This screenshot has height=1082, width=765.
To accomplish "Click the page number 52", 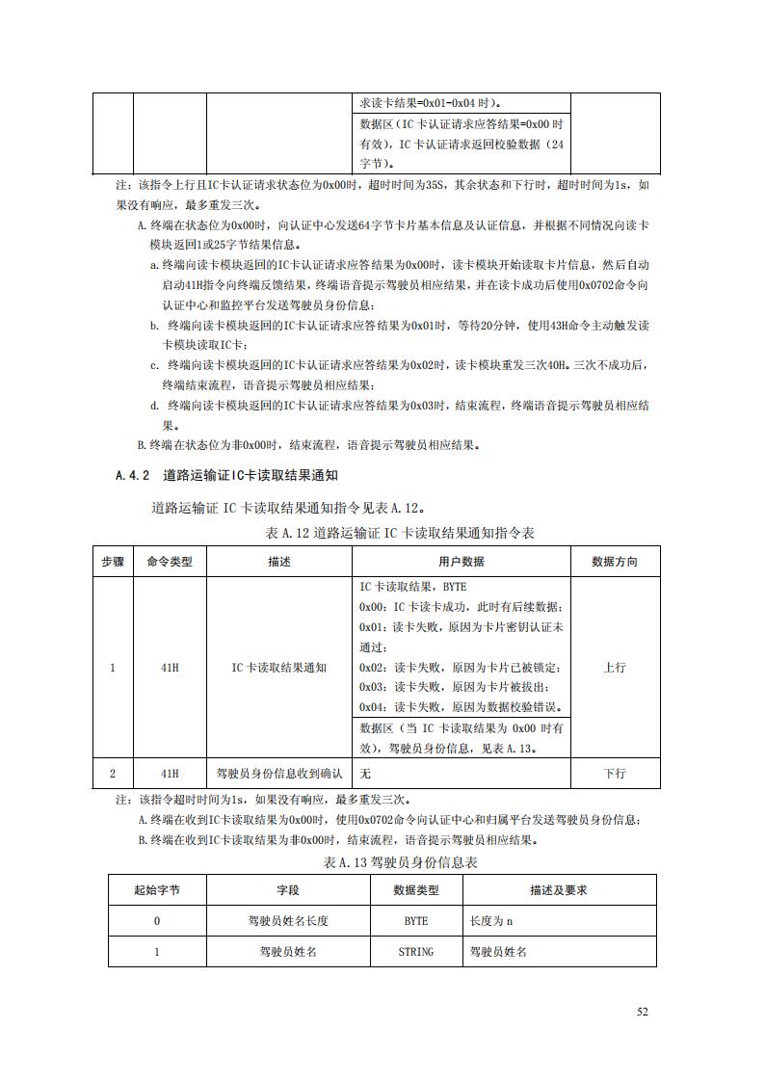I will pyautogui.click(x=643, y=1012).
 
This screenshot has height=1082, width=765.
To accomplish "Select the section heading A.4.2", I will pyautogui.click(x=226, y=475).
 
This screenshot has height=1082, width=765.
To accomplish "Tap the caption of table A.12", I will pyautogui.click(x=398, y=533).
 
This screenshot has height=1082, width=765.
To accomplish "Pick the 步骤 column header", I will pyautogui.click(x=113, y=562).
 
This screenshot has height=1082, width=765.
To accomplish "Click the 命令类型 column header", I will pyautogui.click(x=169, y=562).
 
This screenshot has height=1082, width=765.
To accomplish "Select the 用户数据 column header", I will pyautogui.click(x=461, y=562).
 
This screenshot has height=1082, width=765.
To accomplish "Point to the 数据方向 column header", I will pyautogui.click(x=614, y=562).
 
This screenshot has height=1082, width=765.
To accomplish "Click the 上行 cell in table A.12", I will pyautogui.click(x=614, y=668).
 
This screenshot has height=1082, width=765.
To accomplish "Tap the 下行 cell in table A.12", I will pyautogui.click(x=614, y=773).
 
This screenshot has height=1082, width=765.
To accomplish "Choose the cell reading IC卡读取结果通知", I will pyautogui.click(x=278, y=668).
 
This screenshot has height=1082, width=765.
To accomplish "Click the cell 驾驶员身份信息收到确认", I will pyautogui.click(x=278, y=773).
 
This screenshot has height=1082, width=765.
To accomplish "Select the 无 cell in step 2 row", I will pyautogui.click(x=366, y=773).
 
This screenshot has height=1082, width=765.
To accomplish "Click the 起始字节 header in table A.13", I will pyautogui.click(x=156, y=890).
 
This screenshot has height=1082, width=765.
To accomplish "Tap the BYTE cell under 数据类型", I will pyautogui.click(x=415, y=921).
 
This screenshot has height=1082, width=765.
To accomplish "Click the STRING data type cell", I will pyautogui.click(x=415, y=951).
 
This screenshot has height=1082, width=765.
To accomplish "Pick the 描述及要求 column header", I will pyautogui.click(x=559, y=890).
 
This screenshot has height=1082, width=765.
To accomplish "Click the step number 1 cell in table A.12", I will pyautogui.click(x=113, y=668).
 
